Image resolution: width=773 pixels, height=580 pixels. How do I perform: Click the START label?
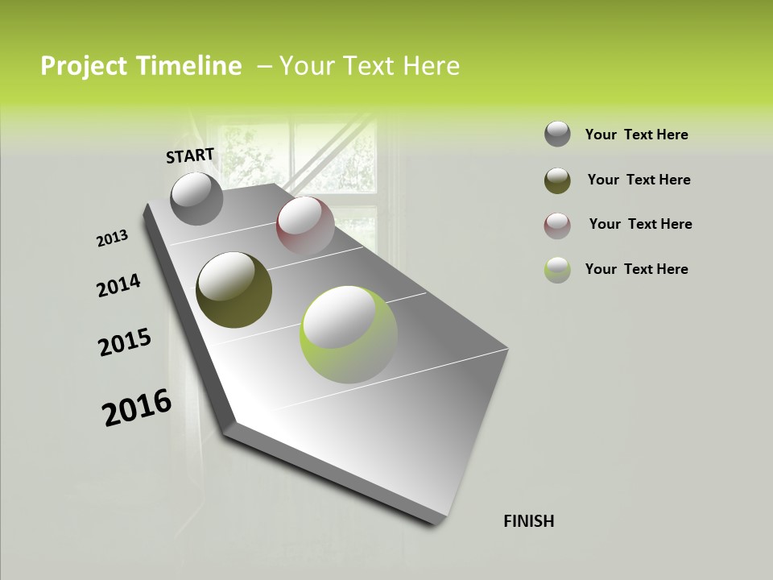(190, 155)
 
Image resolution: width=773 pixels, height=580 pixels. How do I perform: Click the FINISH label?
(528, 521)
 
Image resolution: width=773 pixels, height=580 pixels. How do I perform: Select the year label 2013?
(112, 238)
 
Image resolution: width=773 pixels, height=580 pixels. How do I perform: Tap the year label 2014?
(118, 285)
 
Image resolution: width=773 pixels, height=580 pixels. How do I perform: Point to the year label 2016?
(137, 408)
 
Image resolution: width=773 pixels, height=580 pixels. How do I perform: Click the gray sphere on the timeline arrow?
(197, 198)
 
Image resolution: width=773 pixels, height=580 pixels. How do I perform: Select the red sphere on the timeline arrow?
(305, 226)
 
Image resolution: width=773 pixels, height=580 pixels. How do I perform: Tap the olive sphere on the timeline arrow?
(234, 290)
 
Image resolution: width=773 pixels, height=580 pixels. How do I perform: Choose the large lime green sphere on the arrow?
(349, 334)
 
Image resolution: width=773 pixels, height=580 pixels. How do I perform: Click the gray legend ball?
(557, 134)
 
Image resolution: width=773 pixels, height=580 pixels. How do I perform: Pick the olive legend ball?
(557, 180)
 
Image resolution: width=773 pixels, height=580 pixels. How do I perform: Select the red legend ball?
(557, 225)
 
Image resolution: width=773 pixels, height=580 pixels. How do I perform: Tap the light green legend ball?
(557, 269)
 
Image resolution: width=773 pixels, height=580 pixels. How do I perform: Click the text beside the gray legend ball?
(636, 135)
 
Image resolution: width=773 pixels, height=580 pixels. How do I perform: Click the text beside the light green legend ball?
(636, 269)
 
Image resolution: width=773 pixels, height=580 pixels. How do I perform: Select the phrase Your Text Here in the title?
(370, 66)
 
